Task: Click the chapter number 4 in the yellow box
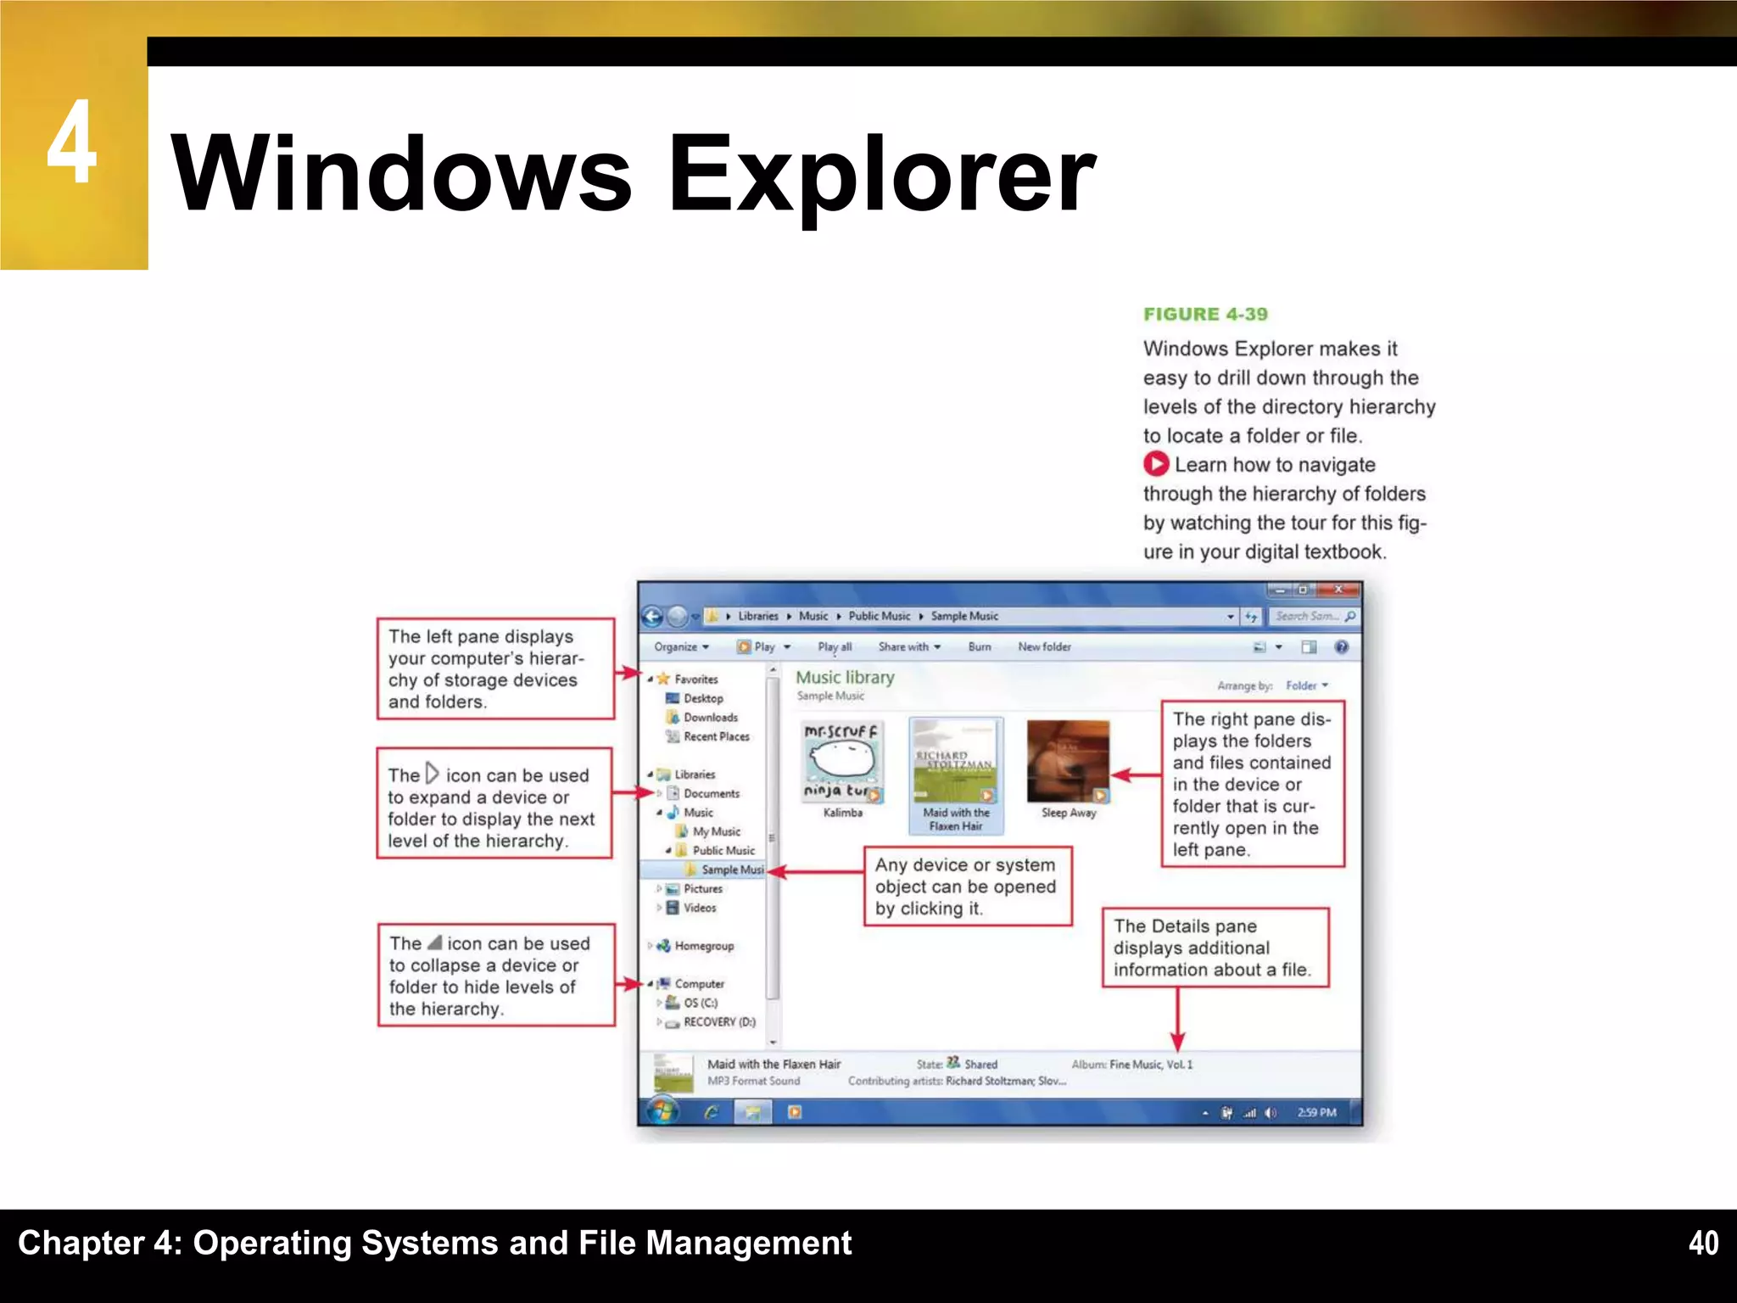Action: pyautogui.click(x=72, y=142)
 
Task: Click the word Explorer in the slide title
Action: pyautogui.click(x=882, y=174)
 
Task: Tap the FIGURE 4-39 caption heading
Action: pyautogui.click(x=1205, y=315)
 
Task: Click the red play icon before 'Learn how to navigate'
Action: pyautogui.click(x=1155, y=464)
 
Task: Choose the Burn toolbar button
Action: pyautogui.click(x=980, y=646)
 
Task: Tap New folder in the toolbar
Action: pyautogui.click(x=1044, y=646)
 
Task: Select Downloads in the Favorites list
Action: pyautogui.click(x=710, y=718)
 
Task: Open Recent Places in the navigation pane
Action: pyautogui.click(x=716, y=736)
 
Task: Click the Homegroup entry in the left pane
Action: pyautogui.click(x=703, y=946)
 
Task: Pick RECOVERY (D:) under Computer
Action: pyautogui.click(x=718, y=1022)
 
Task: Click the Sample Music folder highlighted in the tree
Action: pyautogui.click(x=731, y=870)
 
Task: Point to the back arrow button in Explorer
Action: pyautogui.click(x=652, y=617)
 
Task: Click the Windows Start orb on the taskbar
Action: pyautogui.click(x=662, y=1111)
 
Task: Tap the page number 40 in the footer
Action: pyautogui.click(x=1703, y=1243)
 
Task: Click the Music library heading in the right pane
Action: pyautogui.click(x=845, y=678)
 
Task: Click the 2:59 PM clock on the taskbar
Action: pyautogui.click(x=1316, y=1112)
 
